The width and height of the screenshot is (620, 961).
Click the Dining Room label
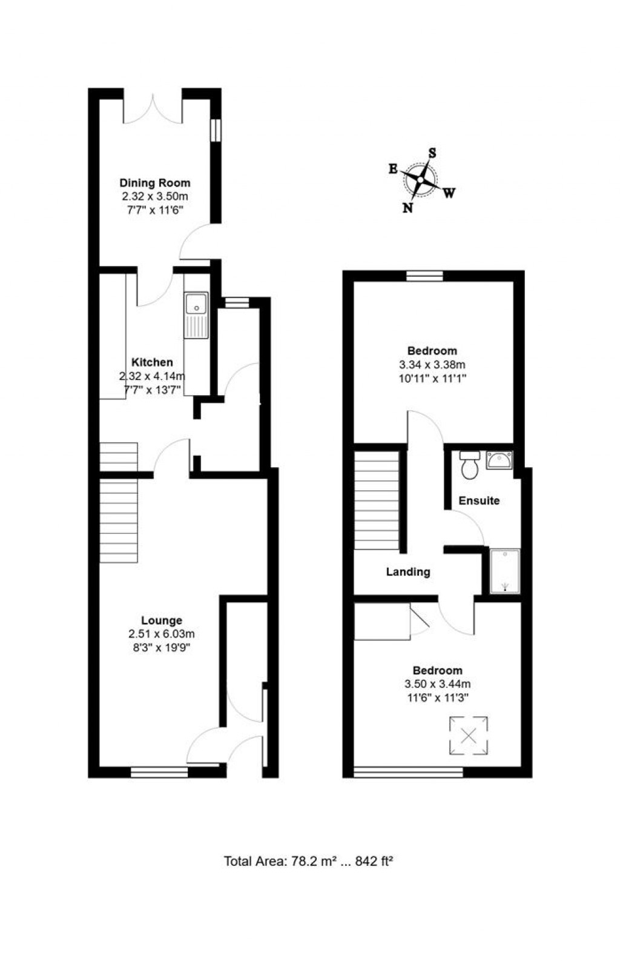point(154,183)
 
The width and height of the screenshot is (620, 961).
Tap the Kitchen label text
point(152,362)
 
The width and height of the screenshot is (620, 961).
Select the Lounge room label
point(161,620)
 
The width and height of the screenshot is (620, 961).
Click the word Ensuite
point(479,500)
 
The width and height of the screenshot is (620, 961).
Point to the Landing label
point(408,571)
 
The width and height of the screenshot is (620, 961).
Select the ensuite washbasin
point(500,461)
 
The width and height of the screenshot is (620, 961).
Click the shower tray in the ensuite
point(504,571)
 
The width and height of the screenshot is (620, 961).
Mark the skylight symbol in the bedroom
point(468,736)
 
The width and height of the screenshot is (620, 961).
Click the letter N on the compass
point(408,207)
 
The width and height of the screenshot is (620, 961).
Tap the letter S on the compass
point(432,153)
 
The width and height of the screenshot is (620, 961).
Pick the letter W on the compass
point(449,193)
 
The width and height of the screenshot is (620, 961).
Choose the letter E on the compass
point(393,169)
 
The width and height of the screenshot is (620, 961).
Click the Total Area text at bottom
point(309,860)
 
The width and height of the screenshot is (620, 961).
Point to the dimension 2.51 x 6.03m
point(161,634)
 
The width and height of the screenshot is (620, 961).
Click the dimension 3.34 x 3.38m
point(432,364)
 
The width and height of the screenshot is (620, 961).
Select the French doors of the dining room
point(153,107)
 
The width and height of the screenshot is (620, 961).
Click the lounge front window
point(159,772)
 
